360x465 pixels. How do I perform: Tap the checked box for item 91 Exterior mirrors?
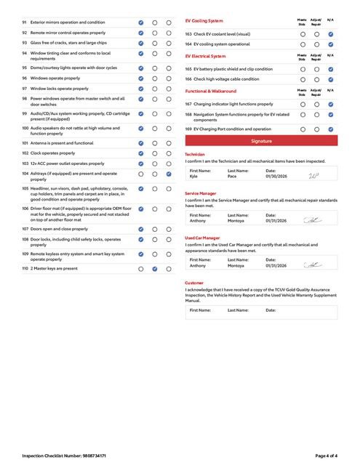tap(140, 23)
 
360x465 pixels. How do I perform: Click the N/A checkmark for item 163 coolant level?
tap(331, 34)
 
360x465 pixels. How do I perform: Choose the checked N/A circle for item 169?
tap(331, 129)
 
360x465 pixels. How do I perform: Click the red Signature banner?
tap(261, 140)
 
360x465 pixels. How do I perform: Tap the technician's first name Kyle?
tap(193, 176)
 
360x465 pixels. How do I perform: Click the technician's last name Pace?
tap(232, 176)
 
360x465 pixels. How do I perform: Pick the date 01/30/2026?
tap(276, 176)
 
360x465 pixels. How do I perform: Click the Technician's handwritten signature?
tap(313, 175)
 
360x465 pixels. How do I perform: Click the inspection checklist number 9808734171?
tap(95, 456)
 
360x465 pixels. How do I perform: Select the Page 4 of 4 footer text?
tap(326, 456)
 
